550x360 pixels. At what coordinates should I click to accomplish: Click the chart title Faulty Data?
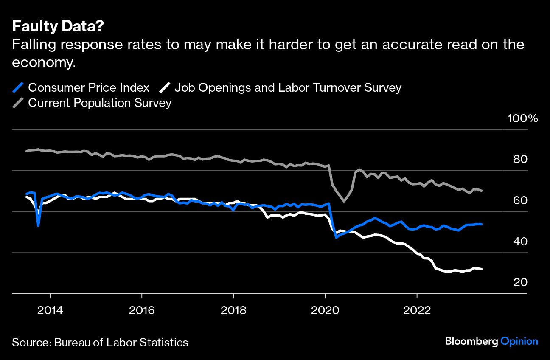pos(58,26)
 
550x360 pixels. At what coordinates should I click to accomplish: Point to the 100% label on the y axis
pos(523,118)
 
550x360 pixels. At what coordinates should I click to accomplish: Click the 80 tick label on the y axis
pos(520,160)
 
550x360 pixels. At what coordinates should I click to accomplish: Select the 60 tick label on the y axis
pos(520,200)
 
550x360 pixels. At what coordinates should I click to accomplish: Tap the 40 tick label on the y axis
pos(520,242)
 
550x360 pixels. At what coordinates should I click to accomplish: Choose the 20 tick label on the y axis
pos(520,282)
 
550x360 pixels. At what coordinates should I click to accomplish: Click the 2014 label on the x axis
pos(50,309)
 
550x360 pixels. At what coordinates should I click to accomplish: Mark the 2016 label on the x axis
pos(142,309)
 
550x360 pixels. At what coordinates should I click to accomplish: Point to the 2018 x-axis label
pos(233,309)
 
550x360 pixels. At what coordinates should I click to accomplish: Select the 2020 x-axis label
pos(325,309)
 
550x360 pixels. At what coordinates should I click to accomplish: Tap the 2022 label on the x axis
pos(417,309)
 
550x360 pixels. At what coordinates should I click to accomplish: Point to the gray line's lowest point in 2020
pos(343,201)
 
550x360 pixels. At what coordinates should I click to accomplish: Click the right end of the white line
pos(481,269)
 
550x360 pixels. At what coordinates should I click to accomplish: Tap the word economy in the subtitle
pos(43,62)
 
